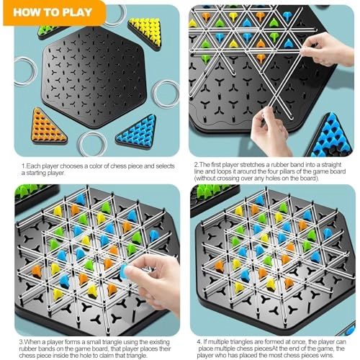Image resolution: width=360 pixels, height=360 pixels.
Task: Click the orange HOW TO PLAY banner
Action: tap(50, 12)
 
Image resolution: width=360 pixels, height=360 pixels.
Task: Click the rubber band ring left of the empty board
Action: tap(26, 73)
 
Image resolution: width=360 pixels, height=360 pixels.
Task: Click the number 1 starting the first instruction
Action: tap(22, 166)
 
